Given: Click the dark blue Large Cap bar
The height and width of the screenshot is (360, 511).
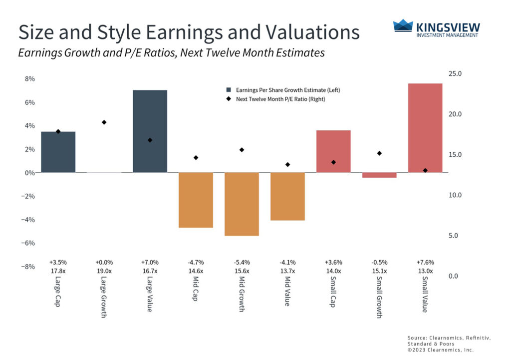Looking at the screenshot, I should pyautogui.click(x=58, y=152).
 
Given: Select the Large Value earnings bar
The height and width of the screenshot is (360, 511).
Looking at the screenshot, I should pyautogui.click(x=150, y=131).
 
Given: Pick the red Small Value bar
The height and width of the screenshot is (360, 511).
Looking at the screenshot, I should pyautogui.click(x=425, y=128).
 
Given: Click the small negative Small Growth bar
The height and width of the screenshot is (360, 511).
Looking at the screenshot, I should pyautogui.click(x=379, y=175).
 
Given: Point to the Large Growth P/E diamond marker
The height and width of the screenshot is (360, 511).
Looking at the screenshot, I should pyautogui.click(x=104, y=122).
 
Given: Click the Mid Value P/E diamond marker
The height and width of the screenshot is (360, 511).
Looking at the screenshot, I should pyautogui.click(x=287, y=165).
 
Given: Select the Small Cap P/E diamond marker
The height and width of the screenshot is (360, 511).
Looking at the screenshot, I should pyautogui.click(x=333, y=162).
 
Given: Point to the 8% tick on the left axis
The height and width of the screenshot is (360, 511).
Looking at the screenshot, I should pyautogui.click(x=29, y=79).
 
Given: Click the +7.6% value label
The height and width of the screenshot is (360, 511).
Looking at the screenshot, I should pyautogui.click(x=425, y=262).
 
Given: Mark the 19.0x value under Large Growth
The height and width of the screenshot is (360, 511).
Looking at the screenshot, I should pyautogui.click(x=104, y=271).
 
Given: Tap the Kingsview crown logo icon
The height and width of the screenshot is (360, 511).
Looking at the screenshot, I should pyautogui.click(x=403, y=26).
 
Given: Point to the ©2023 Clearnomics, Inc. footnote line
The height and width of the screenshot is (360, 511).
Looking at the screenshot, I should pyautogui.click(x=441, y=350).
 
